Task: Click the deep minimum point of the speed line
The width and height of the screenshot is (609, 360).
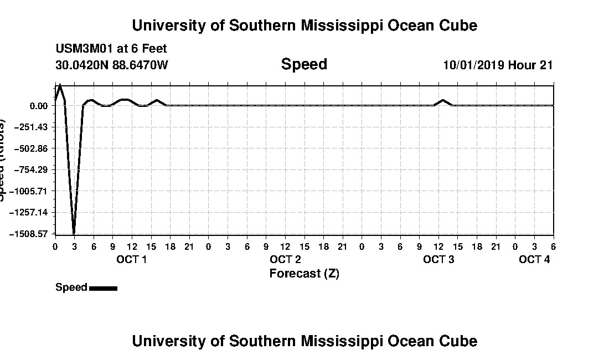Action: [74, 233]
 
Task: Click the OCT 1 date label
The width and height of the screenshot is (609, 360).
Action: [131, 259]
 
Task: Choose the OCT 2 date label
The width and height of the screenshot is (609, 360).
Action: [285, 259]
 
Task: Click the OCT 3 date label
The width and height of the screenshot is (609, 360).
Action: [438, 259]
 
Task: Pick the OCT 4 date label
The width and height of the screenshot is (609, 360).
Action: [534, 259]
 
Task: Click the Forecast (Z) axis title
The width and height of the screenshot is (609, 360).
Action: [304, 274]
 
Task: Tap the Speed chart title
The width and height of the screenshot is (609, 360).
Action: [304, 64]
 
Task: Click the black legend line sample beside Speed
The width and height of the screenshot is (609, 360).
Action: [103, 288]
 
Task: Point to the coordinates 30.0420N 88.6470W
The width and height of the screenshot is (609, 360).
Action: [112, 65]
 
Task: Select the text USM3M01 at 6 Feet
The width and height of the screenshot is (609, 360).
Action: [111, 49]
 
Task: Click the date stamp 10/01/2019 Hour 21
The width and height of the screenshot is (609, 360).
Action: [498, 65]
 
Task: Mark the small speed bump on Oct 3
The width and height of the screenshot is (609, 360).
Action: [443, 100]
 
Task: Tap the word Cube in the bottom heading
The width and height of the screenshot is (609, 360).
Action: [459, 341]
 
